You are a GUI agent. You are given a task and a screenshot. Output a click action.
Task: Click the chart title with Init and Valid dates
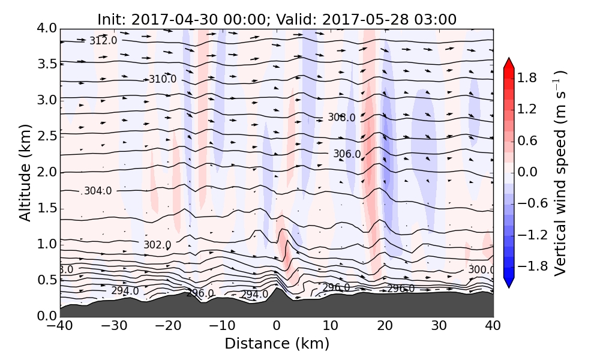[277, 19]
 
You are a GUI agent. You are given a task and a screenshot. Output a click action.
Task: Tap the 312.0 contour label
[103, 41]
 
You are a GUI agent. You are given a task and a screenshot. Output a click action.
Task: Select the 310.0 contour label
[163, 79]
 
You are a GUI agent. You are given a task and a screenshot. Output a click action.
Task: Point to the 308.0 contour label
[341, 118]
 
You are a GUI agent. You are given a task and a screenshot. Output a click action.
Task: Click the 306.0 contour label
[347, 154]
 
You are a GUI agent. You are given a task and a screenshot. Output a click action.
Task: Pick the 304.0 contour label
[98, 191]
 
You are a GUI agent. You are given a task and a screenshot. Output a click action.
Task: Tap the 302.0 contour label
[157, 245]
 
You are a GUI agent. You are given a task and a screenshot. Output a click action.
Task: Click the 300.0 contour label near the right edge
[481, 270]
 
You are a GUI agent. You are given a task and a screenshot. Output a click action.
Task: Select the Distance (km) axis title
[277, 344]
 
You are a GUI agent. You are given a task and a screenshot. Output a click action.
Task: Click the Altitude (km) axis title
[25, 172]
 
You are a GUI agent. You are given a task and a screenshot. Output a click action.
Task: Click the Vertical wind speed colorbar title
[560, 172]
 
